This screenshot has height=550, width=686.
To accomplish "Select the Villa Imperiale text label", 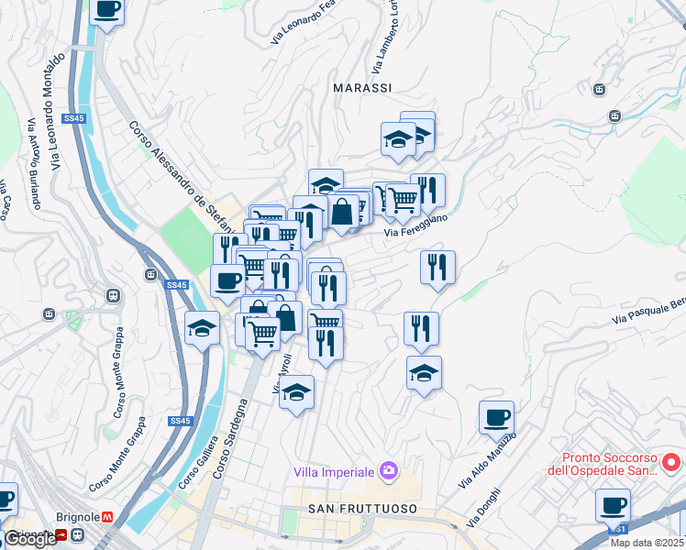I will pyautogui.click(x=334, y=471).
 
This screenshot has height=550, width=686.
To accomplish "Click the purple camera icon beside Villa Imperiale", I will pyautogui.click(x=389, y=470).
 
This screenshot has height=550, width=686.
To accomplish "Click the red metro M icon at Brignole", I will pyautogui.click(x=106, y=517).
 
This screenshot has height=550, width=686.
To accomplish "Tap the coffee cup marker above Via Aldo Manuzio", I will pyautogui.click(x=496, y=418).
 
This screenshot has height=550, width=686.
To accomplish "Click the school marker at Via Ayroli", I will pyautogui.click(x=296, y=392).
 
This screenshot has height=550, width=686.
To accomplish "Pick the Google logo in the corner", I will pyautogui.click(x=30, y=539).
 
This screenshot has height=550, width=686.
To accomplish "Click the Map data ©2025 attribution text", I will pyautogui.click(x=647, y=543).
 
